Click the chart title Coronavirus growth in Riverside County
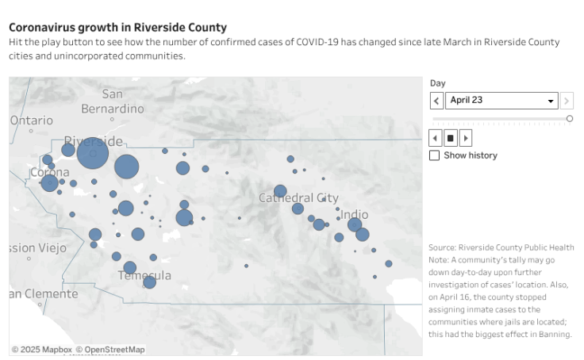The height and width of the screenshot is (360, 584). [117, 28]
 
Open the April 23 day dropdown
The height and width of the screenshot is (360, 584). [501, 101]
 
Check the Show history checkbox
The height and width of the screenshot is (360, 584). [434, 155]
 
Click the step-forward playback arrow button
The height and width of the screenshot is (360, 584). [466, 137]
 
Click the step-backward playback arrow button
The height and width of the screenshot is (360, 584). [436, 137]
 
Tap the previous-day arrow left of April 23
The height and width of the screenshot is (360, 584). [436, 101]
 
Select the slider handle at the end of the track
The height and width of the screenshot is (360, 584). [570, 118]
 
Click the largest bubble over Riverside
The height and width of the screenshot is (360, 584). [93, 153]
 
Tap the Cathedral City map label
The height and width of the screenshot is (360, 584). [298, 197]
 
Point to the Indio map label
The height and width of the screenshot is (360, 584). [354, 214]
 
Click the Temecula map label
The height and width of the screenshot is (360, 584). [144, 275]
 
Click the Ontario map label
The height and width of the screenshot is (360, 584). [32, 120]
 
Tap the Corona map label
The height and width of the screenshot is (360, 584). [48, 172]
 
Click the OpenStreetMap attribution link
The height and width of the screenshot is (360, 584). [114, 350]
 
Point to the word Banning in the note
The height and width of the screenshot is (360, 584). [553, 334]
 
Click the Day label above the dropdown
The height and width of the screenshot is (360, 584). [437, 83]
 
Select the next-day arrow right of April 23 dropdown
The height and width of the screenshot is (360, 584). [567, 101]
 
